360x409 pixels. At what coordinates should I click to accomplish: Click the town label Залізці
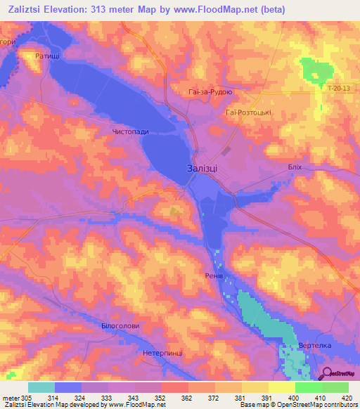pyautogui.click(x=207, y=169)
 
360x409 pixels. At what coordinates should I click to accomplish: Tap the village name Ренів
pyautogui.click(x=214, y=276)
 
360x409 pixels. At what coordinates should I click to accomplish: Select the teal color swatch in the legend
pyautogui.click(x=41, y=387)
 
